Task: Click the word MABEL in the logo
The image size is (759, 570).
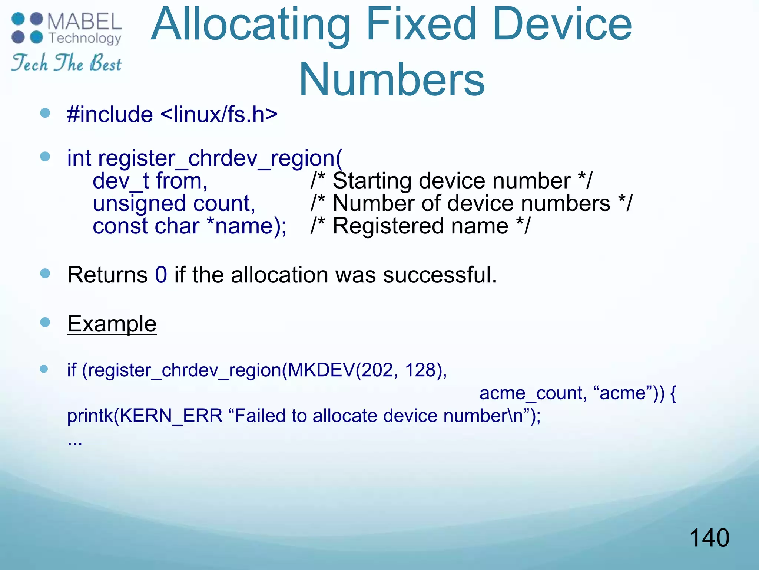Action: (84, 22)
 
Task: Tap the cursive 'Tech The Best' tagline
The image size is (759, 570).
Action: (66, 63)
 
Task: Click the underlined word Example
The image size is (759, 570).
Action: (112, 324)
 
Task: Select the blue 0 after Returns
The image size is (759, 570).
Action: (161, 275)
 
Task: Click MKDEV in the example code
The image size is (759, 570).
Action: (321, 370)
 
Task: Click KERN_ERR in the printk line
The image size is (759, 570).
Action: (171, 416)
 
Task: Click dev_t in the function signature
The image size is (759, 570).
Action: (120, 181)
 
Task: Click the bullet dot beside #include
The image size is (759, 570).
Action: (45, 113)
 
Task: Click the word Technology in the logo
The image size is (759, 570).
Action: (85, 38)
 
